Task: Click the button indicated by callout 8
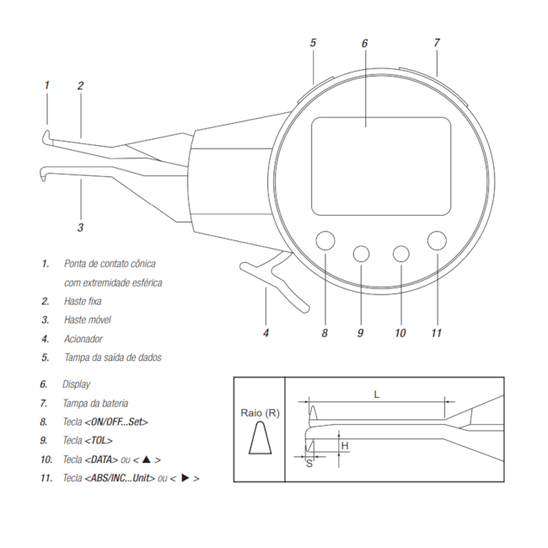pyautogui.click(x=325, y=240)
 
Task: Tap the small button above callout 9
pyautogui.click(x=361, y=254)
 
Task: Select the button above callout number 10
pyautogui.click(x=400, y=254)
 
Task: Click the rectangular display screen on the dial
pyautogui.click(x=381, y=166)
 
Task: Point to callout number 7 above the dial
pyautogui.click(x=437, y=43)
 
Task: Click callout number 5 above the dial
pyautogui.click(x=313, y=43)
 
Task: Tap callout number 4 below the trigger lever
pyautogui.click(x=266, y=333)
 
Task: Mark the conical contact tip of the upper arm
pyautogui.click(x=47, y=137)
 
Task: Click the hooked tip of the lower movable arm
pyautogui.click(x=43, y=174)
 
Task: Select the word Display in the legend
pyautogui.click(x=76, y=384)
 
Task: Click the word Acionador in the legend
pyautogui.click(x=83, y=339)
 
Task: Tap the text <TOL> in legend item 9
pyautogui.click(x=99, y=440)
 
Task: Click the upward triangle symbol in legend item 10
pyautogui.click(x=147, y=459)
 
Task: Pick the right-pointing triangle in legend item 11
pyautogui.click(x=185, y=478)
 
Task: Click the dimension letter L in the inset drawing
pyautogui.click(x=377, y=395)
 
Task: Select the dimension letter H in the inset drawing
pyautogui.click(x=345, y=446)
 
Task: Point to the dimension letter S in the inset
pyautogui.click(x=309, y=464)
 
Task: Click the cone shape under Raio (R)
pyautogui.click(x=261, y=438)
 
